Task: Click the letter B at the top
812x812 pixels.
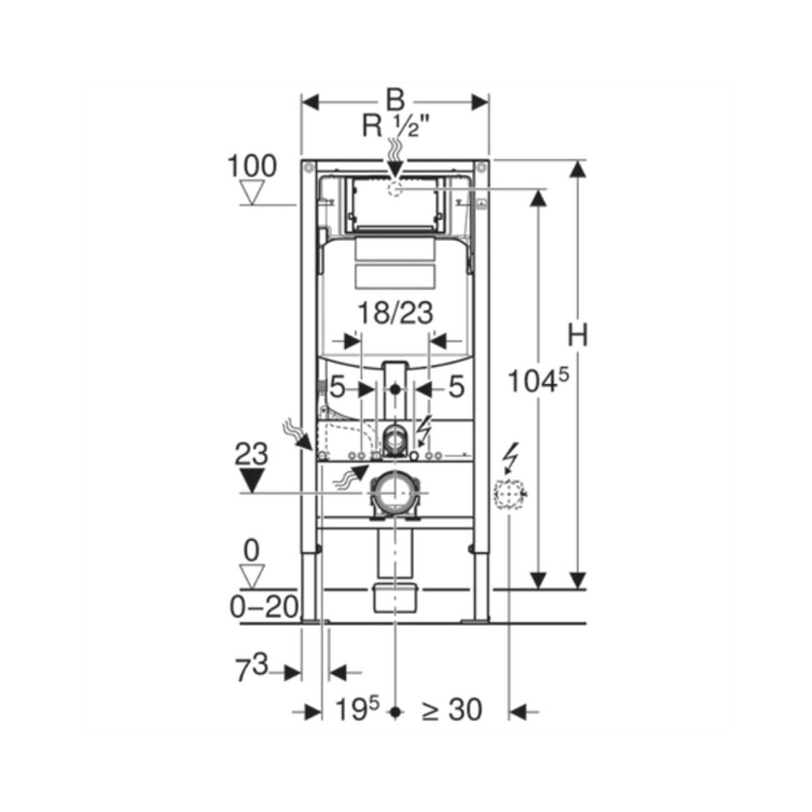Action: point(395,100)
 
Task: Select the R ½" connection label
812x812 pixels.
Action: point(396,126)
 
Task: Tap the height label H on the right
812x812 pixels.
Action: point(578,335)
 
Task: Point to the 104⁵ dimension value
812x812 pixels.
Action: point(538,381)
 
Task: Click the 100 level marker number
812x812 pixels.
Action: point(253,166)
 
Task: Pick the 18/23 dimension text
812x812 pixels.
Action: point(395,313)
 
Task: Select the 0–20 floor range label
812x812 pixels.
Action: point(264,607)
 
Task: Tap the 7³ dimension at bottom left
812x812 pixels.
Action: point(253,667)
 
